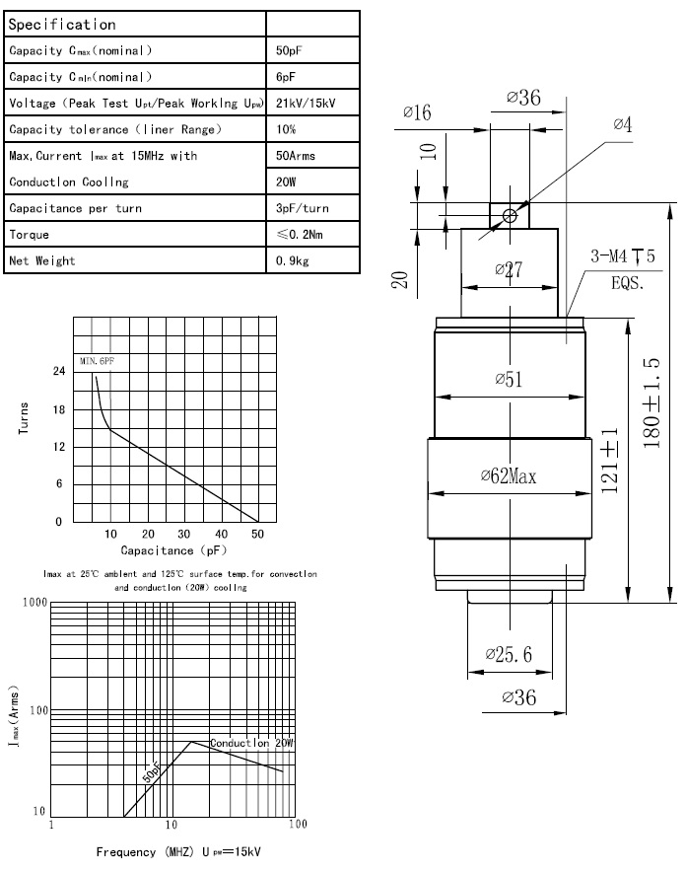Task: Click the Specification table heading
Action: coord(62,24)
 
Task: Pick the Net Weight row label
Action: coord(42,261)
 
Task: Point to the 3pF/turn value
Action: coord(303,208)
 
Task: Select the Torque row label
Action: coord(30,235)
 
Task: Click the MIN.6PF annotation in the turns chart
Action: coord(98,363)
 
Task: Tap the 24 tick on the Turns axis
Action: coord(59,372)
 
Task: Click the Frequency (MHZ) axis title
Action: coord(178,851)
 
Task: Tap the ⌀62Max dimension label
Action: coord(509,476)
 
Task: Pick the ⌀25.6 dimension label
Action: coord(509,654)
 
